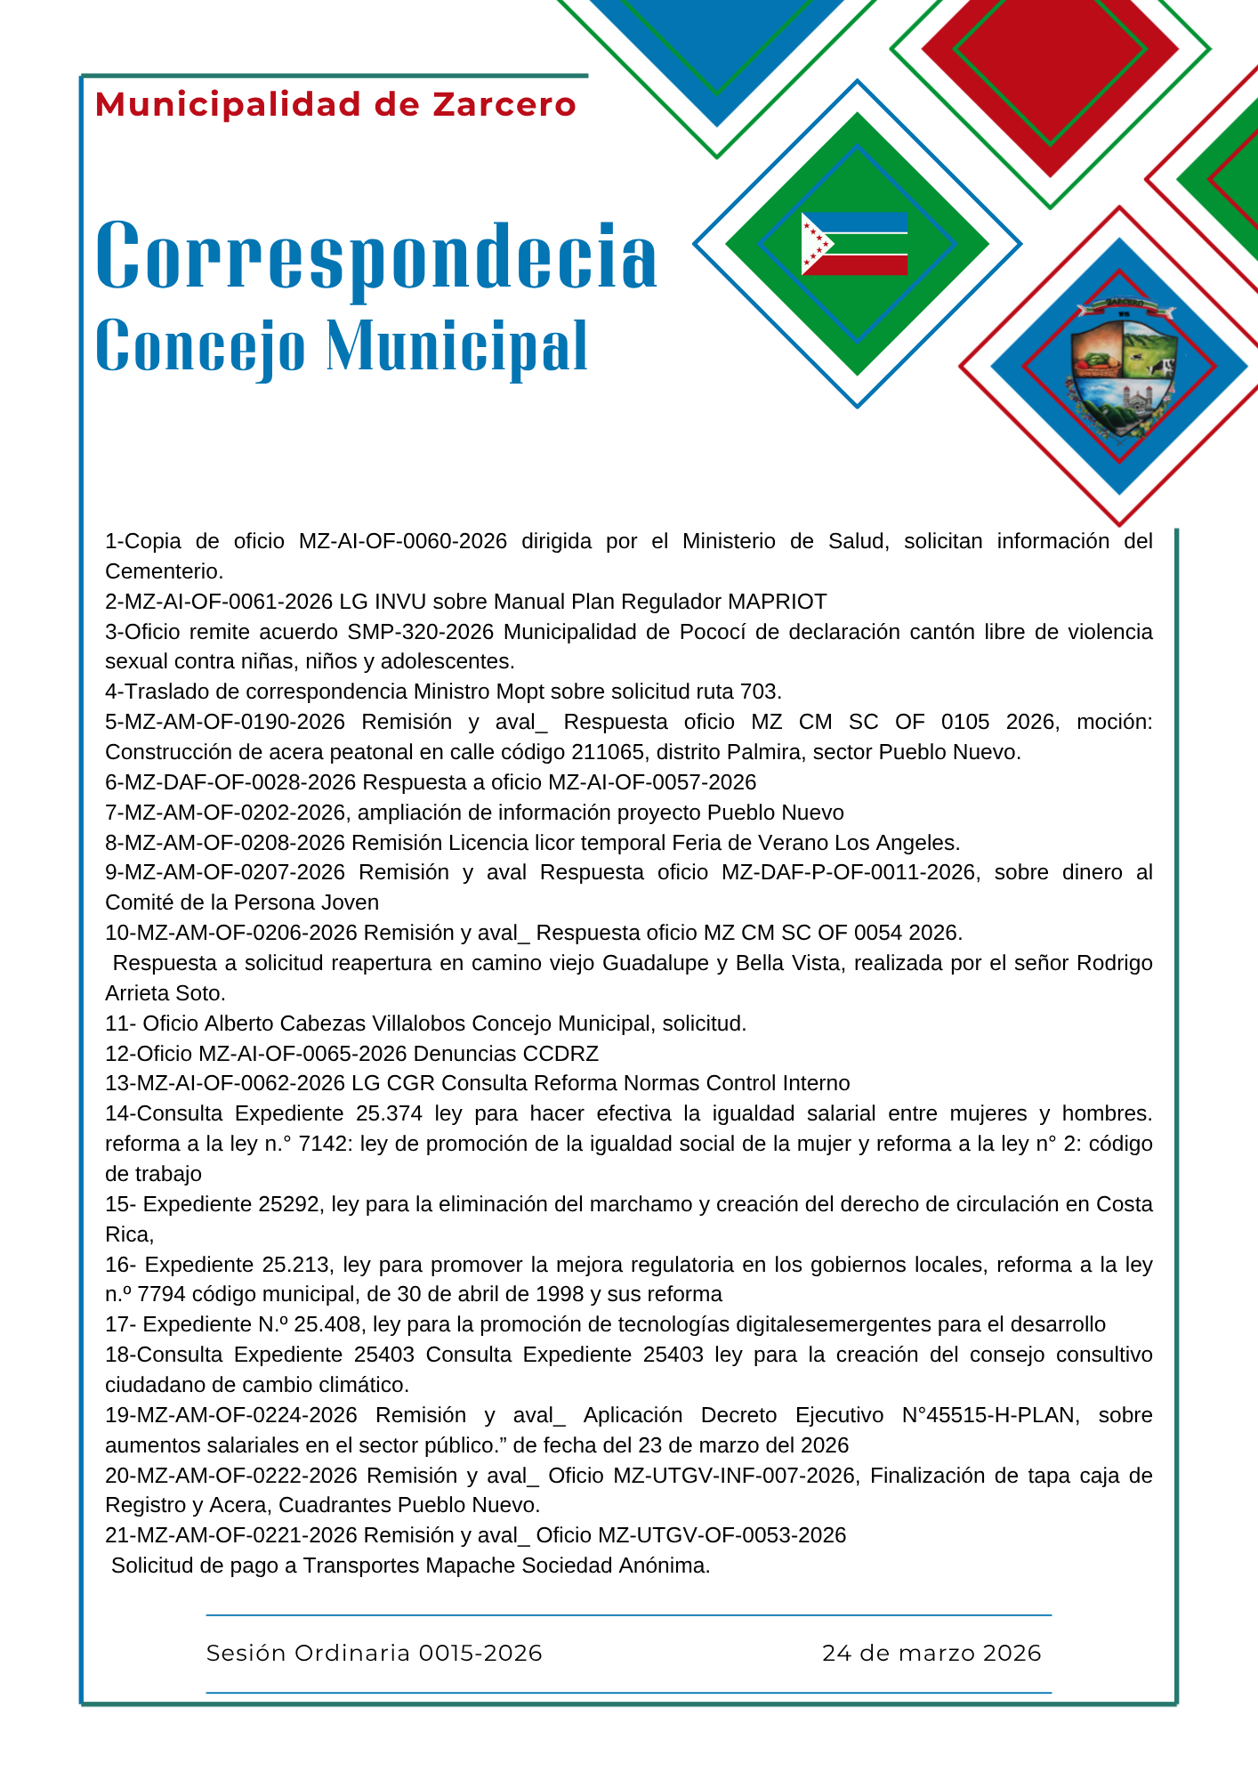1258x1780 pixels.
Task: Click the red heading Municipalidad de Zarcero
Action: tap(335, 105)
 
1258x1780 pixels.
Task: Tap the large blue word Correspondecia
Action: tap(375, 256)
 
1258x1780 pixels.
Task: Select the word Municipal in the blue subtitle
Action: tap(456, 345)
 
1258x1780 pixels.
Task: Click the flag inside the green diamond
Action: tap(854, 244)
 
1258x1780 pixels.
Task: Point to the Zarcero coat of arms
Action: tap(1121, 369)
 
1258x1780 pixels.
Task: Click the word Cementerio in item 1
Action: tap(163, 571)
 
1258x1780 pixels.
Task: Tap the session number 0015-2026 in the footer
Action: tap(480, 1654)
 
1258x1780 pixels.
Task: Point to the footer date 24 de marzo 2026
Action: tap(931, 1654)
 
